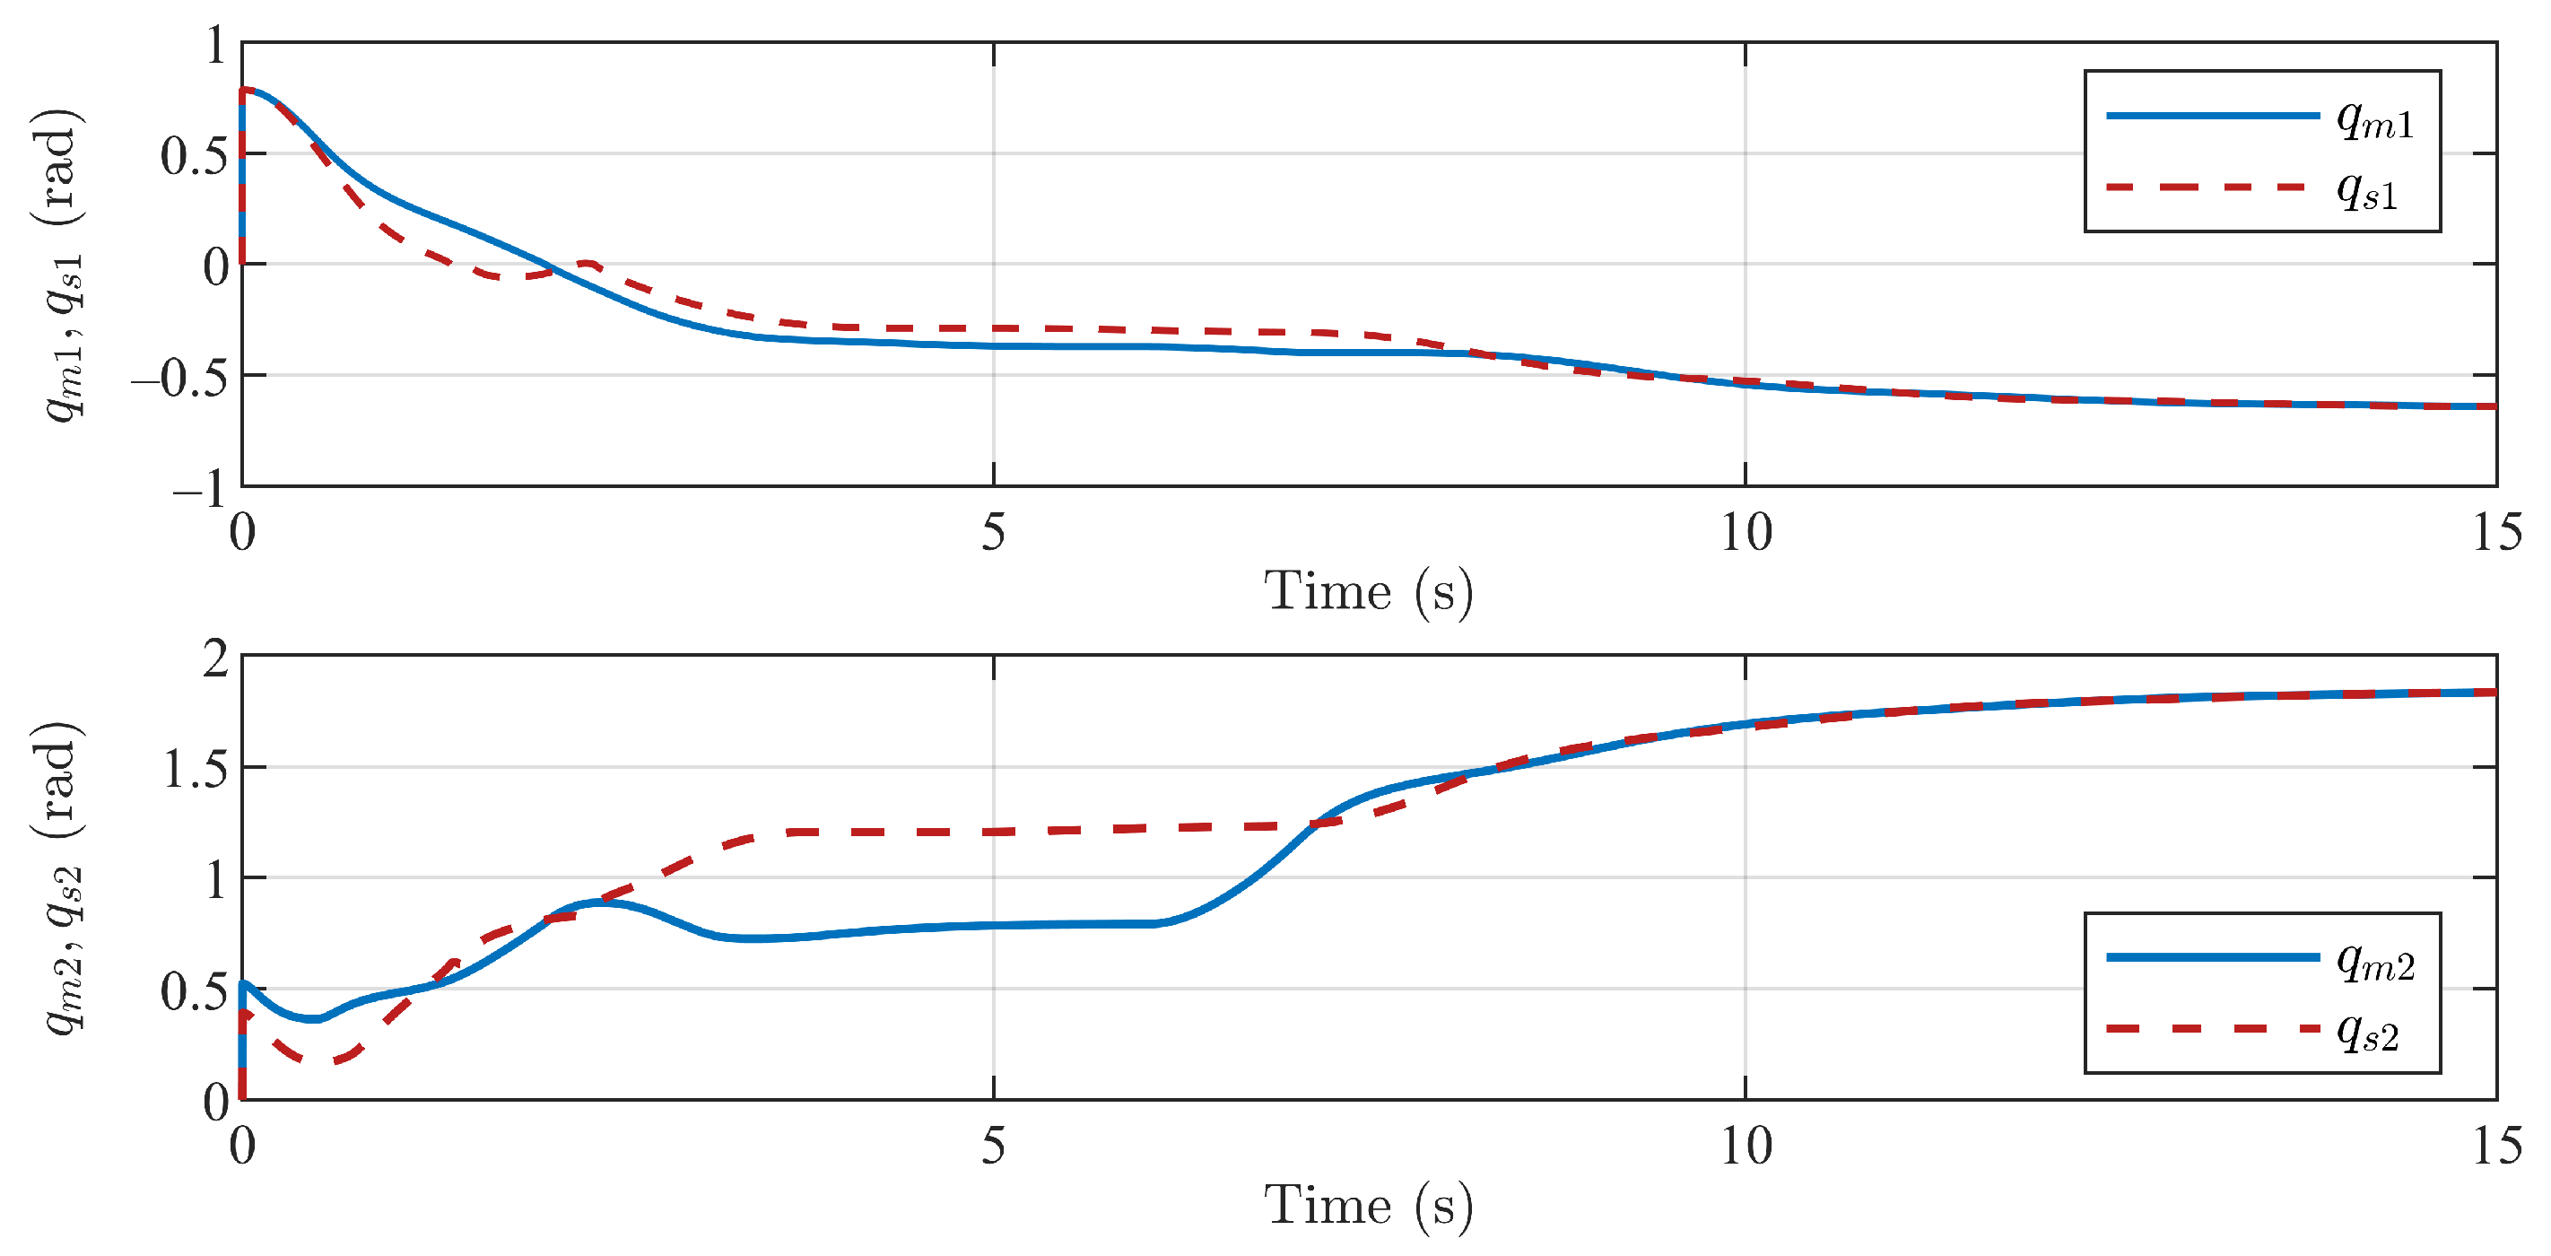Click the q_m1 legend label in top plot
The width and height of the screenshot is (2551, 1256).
2374,121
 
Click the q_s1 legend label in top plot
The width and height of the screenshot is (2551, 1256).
2367,190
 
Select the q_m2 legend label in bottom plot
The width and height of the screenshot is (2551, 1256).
2374,961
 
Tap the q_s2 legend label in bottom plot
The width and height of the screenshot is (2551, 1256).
2367,1032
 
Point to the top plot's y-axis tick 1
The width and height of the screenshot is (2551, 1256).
216,46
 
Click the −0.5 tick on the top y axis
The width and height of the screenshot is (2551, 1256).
180,378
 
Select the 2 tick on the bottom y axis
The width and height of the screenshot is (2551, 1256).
216,658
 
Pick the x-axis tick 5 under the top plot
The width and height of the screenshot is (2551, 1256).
993,532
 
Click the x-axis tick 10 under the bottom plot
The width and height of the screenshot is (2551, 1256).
1745,1146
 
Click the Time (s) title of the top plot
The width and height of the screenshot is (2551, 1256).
1369,591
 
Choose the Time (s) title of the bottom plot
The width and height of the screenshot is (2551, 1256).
1369,1206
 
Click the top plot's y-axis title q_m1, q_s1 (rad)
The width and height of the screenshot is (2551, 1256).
61,265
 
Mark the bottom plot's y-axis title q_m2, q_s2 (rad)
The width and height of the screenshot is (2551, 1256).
61,877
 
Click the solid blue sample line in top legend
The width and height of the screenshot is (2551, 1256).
2212,116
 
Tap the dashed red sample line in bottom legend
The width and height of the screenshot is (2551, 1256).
2212,1029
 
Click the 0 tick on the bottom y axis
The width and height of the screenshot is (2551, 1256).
216,1102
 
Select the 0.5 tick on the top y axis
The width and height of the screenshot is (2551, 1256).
194,155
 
